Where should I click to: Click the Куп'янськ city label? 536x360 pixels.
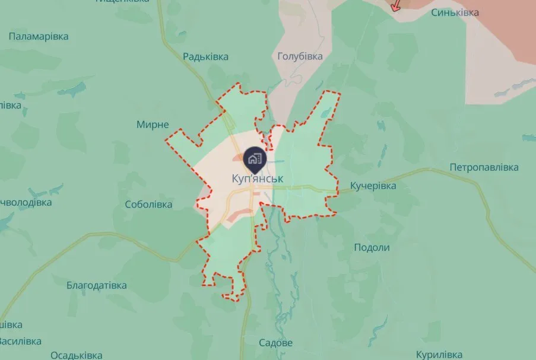click(x=257, y=179)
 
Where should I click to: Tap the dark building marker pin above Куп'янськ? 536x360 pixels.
click(x=255, y=158)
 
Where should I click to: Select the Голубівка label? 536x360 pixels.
click(x=300, y=56)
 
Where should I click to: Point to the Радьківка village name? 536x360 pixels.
click(x=205, y=57)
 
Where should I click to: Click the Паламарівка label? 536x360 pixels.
click(x=39, y=37)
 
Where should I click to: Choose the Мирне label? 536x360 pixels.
click(x=153, y=125)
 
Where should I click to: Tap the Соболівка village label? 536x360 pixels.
click(x=148, y=205)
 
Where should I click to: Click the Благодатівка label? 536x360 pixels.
click(x=97, y=285)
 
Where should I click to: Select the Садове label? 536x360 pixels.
click(x=276, y=343)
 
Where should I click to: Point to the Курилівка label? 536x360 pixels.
click(x=439, y=355)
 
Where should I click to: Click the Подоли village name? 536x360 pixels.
click(x=372, y=247)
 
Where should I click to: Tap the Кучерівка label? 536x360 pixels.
click(x=373, y=186)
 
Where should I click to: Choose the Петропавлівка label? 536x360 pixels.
click(x=484, y=167)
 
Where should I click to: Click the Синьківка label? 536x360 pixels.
click(x=455, y=12)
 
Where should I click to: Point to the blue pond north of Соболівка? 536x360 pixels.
click(x=73, y=90)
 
